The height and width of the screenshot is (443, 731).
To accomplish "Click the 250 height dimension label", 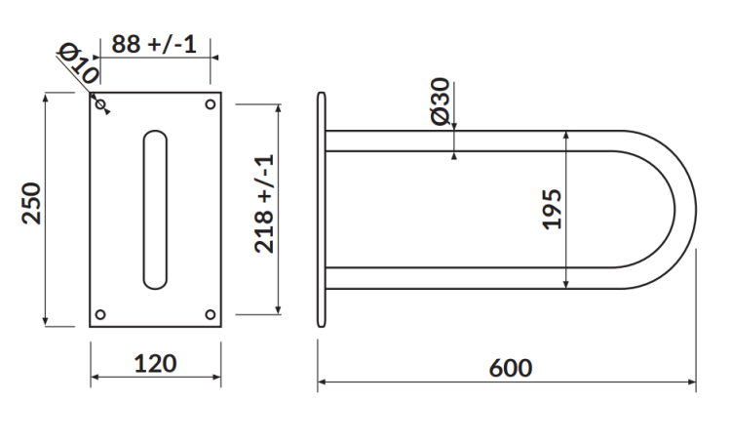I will point(33,202).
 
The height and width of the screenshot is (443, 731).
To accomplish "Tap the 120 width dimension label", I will point(155,364).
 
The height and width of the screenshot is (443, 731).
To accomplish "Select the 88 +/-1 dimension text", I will point(154,44).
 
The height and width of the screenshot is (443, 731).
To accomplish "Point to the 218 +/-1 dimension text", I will point(265,204).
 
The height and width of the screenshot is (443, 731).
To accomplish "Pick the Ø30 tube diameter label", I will point(440,101).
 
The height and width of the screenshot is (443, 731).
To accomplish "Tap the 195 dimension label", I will point(553,209).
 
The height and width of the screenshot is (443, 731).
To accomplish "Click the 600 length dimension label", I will point(510,368).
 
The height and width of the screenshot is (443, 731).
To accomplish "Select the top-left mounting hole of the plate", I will point(100,103).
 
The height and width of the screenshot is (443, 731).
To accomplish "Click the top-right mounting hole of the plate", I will point(211,103).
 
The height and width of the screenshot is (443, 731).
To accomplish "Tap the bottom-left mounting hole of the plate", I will point(100,315).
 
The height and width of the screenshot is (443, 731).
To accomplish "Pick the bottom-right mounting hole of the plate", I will point(211,315).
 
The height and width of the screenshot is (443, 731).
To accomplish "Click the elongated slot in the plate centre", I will point(155,209).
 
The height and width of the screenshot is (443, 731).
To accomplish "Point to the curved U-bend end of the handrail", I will point(682,209).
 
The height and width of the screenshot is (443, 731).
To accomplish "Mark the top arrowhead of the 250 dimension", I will point(46,97).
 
